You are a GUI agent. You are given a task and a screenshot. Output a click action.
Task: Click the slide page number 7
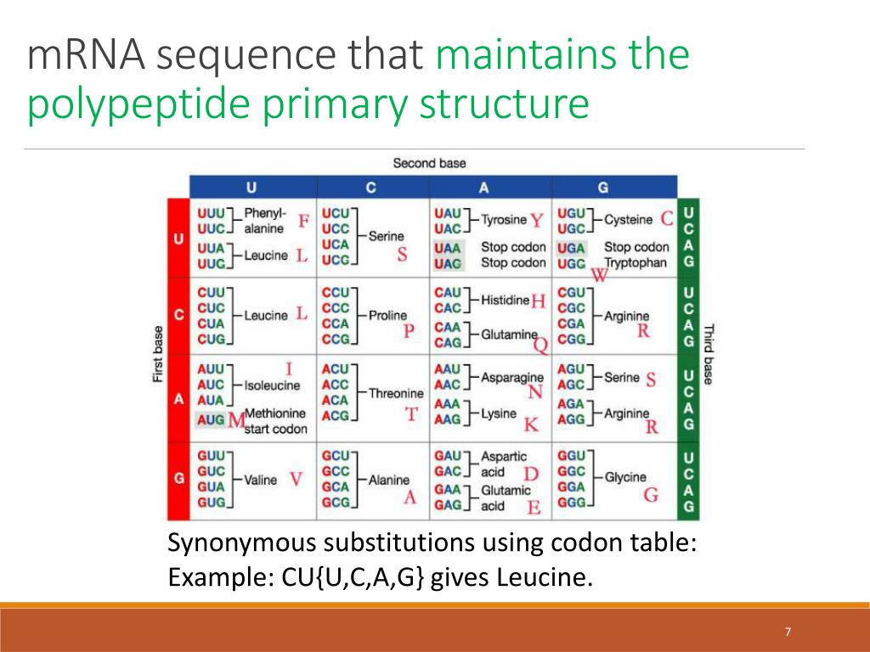coord(788,632)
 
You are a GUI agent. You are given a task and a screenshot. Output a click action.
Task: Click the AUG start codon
coord(211,419)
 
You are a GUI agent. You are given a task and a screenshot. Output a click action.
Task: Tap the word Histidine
coord(505,301)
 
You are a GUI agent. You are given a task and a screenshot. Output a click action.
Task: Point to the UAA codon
coord(448,248)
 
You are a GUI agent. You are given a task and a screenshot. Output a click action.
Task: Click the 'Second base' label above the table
coord(429,163)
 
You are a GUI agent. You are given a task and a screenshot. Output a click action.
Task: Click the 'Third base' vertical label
coord(708,354)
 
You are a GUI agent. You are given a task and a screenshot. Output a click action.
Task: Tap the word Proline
coord(387,315)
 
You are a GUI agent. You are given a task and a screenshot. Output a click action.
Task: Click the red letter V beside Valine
coord(295,480)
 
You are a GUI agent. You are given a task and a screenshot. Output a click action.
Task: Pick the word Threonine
coord(395,393)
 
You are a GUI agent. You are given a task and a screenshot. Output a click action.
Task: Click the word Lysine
coord(499,413)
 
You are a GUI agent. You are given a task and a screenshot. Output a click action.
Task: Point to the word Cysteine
coord(628,220)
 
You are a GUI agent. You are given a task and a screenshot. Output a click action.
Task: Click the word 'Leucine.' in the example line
coord(543,578)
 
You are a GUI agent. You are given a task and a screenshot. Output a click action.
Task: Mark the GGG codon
coord(570,503)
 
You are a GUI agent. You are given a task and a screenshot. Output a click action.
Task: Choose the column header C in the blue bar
coord(371,187)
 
